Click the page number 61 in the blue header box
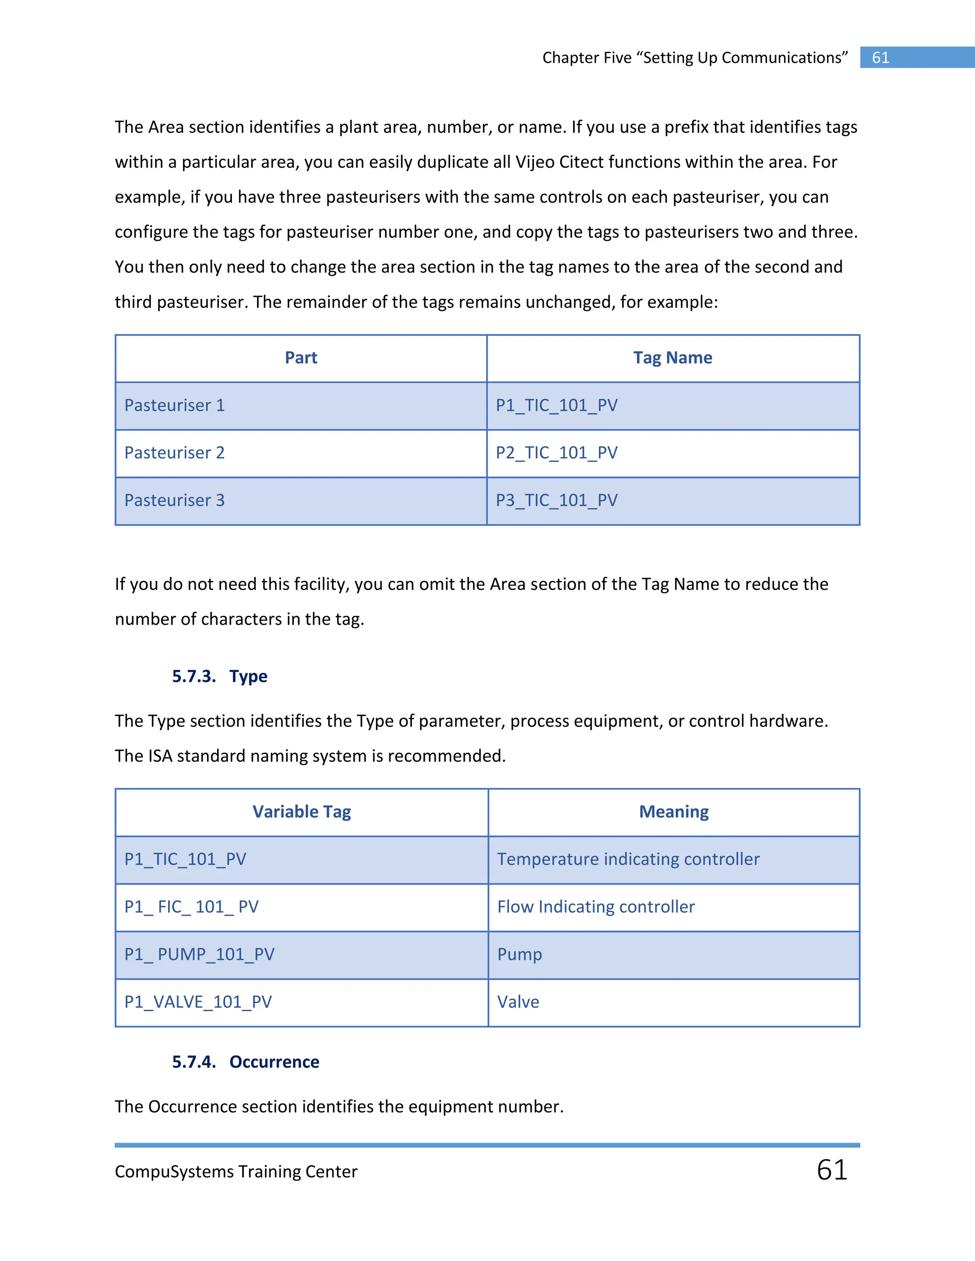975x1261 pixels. point(880,58)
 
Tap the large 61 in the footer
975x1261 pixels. point(832,1170)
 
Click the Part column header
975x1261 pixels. point(301,358)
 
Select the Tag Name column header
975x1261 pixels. point(672,358)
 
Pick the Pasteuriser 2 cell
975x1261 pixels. point(174,453)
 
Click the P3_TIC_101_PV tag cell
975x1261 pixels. point(557,500)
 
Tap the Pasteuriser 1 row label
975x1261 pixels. point(174,405)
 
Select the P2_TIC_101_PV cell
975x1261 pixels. point(557,453)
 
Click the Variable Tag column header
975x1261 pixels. point(301,812)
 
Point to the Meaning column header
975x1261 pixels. point(674,812)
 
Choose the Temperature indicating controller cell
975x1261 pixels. point(628,859)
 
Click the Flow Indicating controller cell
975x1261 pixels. point(596,906)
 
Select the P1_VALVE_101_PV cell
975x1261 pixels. point(198,1002)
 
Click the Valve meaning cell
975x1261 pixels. point(518,1002)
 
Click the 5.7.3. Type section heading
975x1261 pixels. point(219,676)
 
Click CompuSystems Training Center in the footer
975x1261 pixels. point(236,1172)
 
